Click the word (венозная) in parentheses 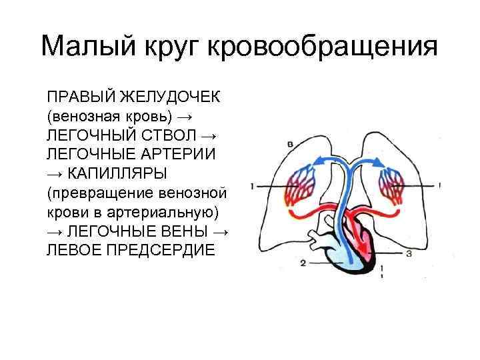pos(83,116)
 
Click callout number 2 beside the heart pos(303,263)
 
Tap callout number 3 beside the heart pos(408,254)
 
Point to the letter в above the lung pos(289,143)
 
